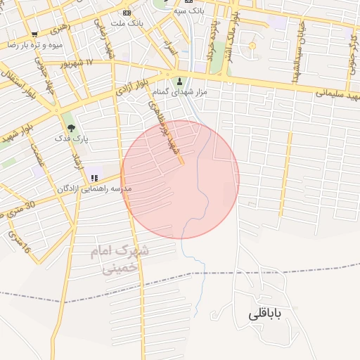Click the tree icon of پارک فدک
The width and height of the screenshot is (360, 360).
pos(71,127)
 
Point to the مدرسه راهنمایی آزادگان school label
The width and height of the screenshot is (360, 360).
pos(93,189)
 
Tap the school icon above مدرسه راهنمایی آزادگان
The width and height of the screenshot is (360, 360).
pos(94,178)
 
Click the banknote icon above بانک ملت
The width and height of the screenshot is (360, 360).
pos(127,13)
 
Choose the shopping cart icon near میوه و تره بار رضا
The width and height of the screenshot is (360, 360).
pos(34,34)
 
